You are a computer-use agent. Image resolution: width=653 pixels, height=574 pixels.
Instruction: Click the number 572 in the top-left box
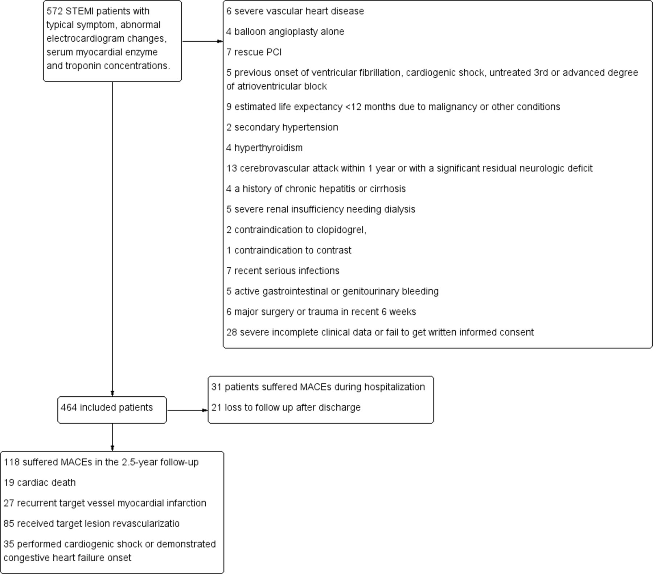pyautogui.click(x=55, y=11)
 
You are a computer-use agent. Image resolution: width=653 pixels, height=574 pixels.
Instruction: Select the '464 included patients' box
pyautogui.click(x=112, y=410)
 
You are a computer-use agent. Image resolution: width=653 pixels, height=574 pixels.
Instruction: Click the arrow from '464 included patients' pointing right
pyautogui.click(x=187, y=410)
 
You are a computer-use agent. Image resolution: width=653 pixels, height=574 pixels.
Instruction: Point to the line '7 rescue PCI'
pyautogui.click(x=254, y=52)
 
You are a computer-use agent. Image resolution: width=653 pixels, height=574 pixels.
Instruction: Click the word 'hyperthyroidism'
pyautogui.click(x=268, y=148)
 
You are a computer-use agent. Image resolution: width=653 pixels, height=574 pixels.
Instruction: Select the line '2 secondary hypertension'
pyautogui.click(x=282, y=127)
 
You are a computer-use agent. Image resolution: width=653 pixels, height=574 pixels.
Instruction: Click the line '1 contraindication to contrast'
pyautogui.click(x=289, y=250)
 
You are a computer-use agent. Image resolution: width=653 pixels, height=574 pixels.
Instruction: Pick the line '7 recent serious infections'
pyautogui.click(x=283, y=271)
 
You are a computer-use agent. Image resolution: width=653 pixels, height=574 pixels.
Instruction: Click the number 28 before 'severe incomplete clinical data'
pyautogui.click(x=231, y=333)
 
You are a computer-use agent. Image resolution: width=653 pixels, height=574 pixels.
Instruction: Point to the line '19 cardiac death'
pyautogui.click(x=40, y=483)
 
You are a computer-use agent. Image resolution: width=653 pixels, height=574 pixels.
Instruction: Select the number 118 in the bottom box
pyautogui.click(x=11, y=462)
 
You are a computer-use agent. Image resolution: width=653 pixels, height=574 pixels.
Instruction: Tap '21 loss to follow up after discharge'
pyautogui.click(x=286, y=408)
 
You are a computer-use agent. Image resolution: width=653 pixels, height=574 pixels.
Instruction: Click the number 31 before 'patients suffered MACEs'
pyautogui.click(x=216, y=387)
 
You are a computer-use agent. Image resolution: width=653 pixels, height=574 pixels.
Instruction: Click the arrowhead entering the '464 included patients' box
pyautogui.click(x=112, y=394)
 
